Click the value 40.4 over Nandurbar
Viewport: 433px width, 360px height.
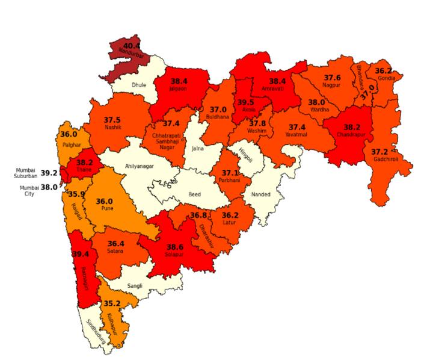pyautogui.click(x=131, y=46)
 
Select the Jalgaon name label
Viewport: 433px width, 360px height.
pyautogui.click(x=178, y=88)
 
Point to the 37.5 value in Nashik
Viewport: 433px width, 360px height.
pyautogui.click(x=112, y=120)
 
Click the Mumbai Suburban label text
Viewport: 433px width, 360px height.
pyautogui.click(x=26, y=173)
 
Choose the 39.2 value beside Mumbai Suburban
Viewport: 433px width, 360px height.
pyautogui.click(x=49, y=173)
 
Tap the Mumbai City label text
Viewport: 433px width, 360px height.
pyautogui.click(x=29, y=191)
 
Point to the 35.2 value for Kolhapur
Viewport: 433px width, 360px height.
pyautogui.click(x=112, y=303)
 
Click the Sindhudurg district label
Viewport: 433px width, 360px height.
pyautogui.click(x=96, y=332)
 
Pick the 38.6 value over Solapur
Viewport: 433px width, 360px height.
pyautogui.click(x=175, y=247)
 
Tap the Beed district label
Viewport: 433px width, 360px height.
pyautogui.click(x=195, y=195)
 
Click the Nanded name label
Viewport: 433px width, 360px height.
pyautogui.click(x=261, y=194)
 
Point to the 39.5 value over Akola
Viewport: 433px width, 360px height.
pyautogui.click(x=245, y=102)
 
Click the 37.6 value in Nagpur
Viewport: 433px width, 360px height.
pyautogui.click(x=333, y=78)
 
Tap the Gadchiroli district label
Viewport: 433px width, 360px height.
pyautogui.click(x=384, y=159)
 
